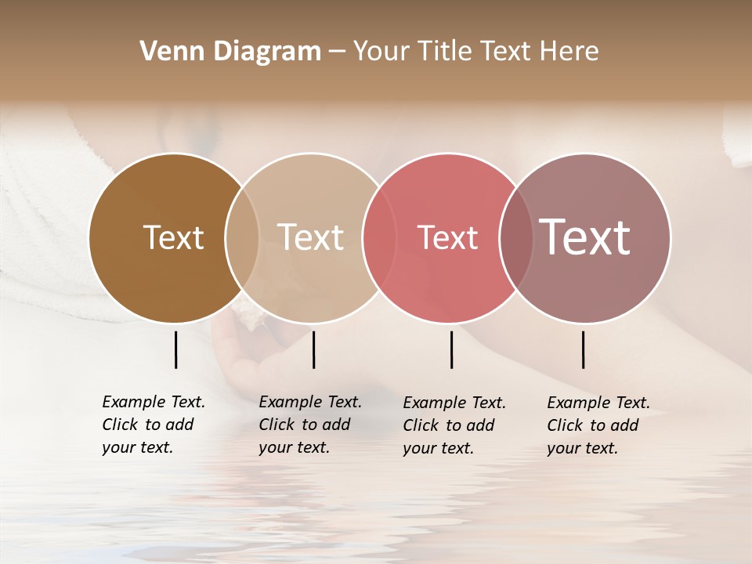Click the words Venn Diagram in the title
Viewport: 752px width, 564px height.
pos(230,52)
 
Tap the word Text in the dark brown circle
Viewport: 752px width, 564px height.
pos(173,237)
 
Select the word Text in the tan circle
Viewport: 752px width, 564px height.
pos(310,237)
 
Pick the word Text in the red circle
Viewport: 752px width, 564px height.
pos(447,237)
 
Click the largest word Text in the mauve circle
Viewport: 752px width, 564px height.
pos(584,237)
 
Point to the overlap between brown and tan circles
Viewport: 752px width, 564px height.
pos(242,238)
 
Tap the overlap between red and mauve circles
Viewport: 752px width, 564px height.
pos(515,238)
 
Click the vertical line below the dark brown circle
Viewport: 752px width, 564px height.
pos(175,349)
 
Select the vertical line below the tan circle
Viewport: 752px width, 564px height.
pos(313,349)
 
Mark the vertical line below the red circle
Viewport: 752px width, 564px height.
pos(451,349)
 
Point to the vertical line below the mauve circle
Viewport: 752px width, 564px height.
pos(583,349)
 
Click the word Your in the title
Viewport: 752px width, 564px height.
pos(381,52)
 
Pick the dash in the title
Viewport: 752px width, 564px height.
pos(337,52)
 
